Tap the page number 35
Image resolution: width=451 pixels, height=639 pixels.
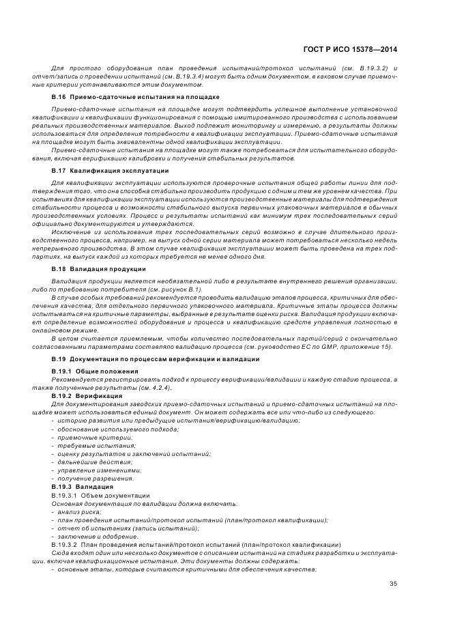coord(394,583)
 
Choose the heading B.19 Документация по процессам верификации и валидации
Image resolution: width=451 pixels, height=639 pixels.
coord(155,359)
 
